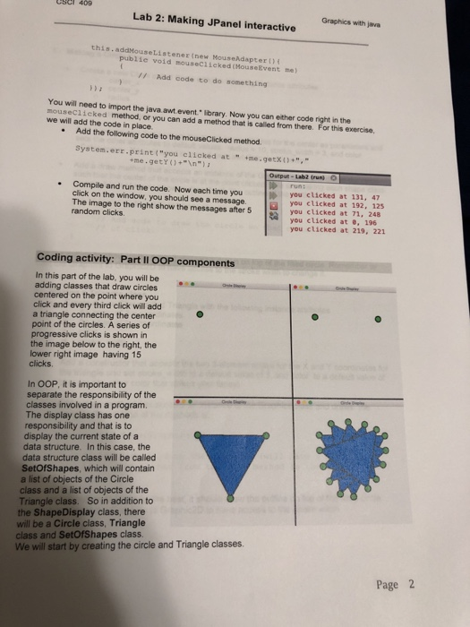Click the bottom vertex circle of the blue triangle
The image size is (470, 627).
click(x=233, y=496)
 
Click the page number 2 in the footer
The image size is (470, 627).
click(x=412, y=584)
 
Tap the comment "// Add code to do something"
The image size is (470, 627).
click(x=207, y=79)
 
